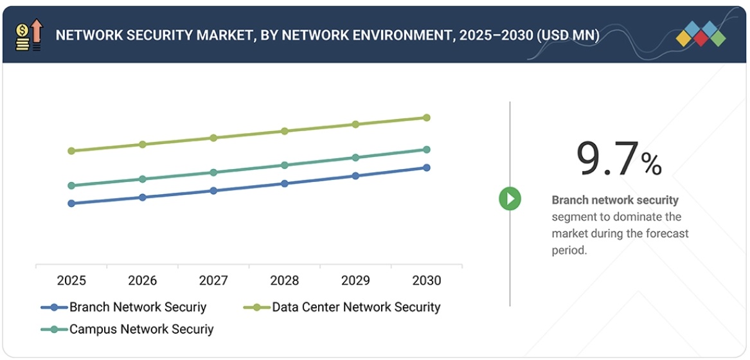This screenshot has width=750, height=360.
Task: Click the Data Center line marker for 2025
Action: tap(71, 151)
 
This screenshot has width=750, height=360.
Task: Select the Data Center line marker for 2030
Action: tap(427, 118)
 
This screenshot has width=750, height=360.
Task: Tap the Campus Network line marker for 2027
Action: tap(213, 172)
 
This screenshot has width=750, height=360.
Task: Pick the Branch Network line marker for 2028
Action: tap(285, 183)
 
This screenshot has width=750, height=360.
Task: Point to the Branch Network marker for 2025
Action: tap(71, 203)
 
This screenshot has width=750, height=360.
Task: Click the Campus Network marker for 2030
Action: tap(427, 150)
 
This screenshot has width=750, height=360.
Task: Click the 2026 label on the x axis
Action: tap(142, 281)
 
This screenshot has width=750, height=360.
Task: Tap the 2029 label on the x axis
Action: tap(355, 281)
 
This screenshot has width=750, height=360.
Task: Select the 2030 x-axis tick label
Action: tap(427, 281)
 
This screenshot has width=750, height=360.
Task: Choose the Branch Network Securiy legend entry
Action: tap(138, 307)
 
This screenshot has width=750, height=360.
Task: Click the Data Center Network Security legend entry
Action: tap(355, 307)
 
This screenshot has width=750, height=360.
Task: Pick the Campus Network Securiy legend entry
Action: tap(141, 329)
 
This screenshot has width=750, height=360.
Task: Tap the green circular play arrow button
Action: tap(510, 199)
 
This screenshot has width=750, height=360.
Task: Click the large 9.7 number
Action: tap(607, 159)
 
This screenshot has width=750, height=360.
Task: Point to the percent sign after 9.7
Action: tap(651, 165)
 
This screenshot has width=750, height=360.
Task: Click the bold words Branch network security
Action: tap(615, 200)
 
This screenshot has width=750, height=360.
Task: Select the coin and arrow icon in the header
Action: tap(29, 35)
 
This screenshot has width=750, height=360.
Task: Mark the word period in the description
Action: tap(569, 250)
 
